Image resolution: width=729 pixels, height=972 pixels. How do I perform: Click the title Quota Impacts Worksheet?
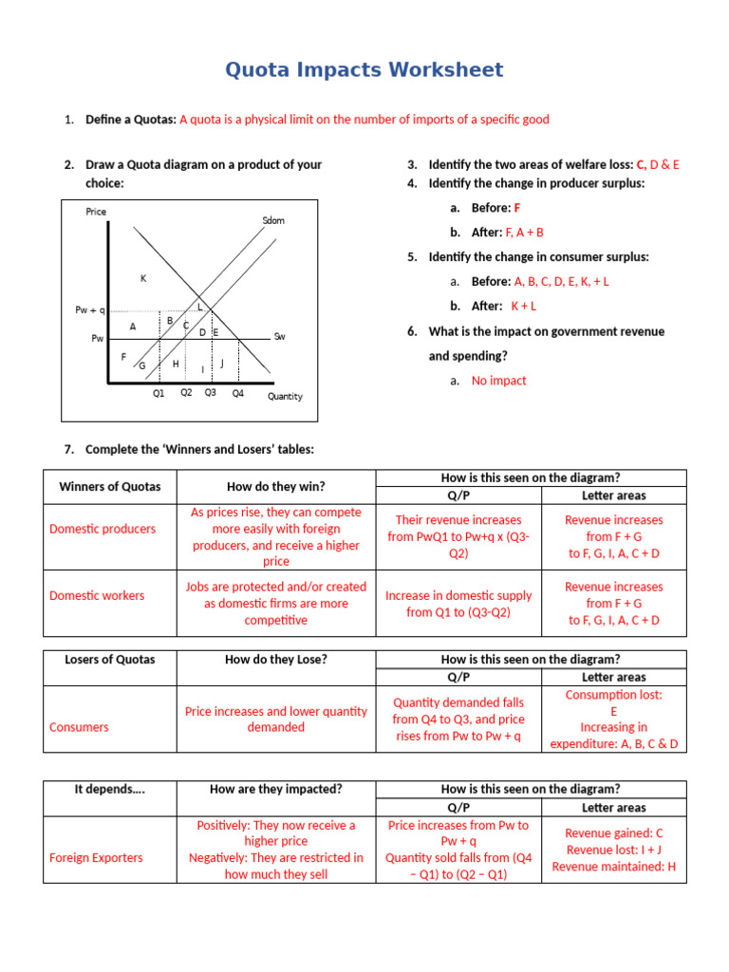click(364, 70)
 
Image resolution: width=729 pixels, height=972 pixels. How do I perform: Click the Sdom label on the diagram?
click(273, 220)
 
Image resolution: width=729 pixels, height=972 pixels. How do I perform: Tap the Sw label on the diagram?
click(279, 336)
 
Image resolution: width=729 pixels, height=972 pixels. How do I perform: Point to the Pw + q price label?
click(90, 310)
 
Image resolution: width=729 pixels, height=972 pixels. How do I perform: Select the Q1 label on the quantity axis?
click(159, 393)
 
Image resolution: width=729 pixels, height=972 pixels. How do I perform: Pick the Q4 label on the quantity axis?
click(237, 393)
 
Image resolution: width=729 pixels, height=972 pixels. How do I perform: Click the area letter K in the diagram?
click(143, 278)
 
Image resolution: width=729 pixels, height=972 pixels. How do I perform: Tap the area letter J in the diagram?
click(221, 363)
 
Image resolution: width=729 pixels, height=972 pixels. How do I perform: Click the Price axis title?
click(96, 212)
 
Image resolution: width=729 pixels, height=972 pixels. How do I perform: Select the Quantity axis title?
click(285, 397)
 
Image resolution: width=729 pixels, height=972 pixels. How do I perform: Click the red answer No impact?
click(498, 381)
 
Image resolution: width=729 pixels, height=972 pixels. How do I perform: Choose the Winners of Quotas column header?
click(110, 487)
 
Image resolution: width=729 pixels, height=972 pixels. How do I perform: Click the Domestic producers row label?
click(103, 529)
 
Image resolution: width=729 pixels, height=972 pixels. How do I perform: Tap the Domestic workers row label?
click(97, 595)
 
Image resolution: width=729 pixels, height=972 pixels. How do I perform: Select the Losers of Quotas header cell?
click(110, 660)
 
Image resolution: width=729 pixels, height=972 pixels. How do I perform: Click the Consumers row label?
click(79, 727)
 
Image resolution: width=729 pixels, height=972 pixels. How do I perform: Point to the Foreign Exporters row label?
click(96, 857)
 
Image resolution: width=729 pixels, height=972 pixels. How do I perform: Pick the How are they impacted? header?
click(275, 790)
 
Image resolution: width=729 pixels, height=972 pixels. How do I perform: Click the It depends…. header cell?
click(110, 790)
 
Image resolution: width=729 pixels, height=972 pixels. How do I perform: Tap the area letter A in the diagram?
click(133, 327)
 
